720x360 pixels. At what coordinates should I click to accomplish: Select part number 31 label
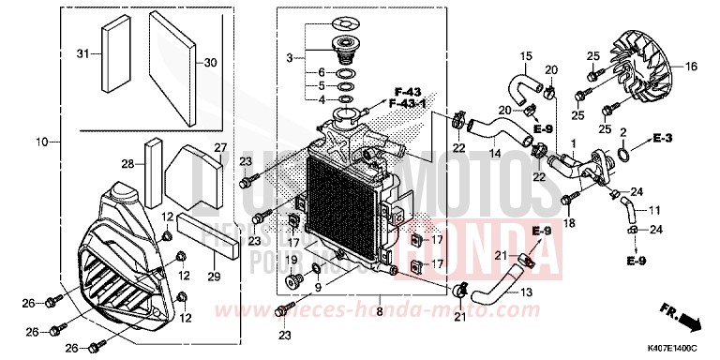(x=82, y=53)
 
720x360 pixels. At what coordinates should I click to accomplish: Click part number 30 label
(x=209, y=63)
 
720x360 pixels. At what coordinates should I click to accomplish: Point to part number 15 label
(x=526, y=56)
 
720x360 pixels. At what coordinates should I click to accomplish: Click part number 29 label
(x=214, y=277)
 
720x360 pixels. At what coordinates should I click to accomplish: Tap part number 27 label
(x=220, y=147)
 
